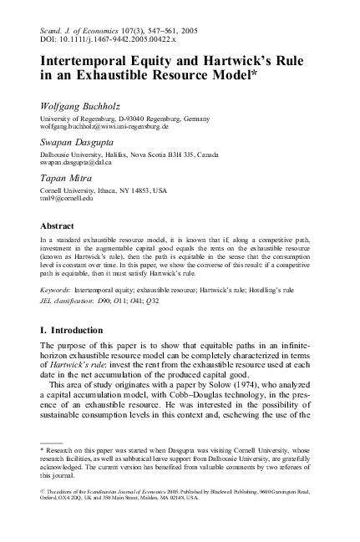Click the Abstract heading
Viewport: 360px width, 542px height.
[59, 224]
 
